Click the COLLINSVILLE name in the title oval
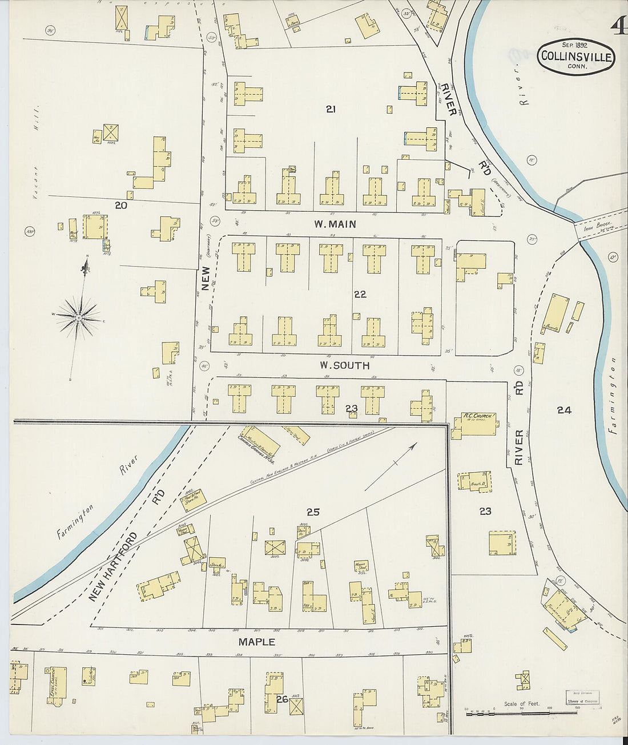coord(576,57)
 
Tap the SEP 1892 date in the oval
coord(575,45)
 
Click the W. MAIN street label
coord(335,224)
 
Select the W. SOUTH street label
coord(344,365)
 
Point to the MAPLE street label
coord(256,642)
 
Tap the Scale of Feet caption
coord(522,704)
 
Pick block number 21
coord(330,109)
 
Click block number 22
coord(360,295)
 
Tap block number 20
coord(120,205)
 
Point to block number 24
coord(564,410)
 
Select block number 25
coord(313,512)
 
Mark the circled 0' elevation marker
coord(614,257)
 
